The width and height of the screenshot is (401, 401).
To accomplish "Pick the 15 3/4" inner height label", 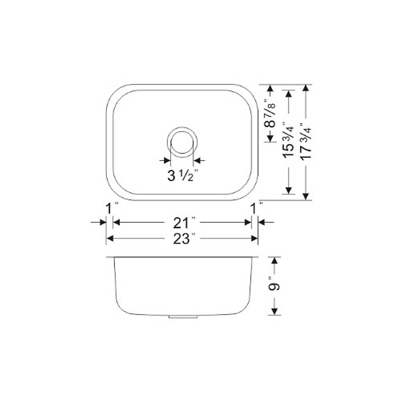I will [x=289, y=142].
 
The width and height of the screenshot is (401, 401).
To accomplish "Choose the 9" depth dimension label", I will [x=275, y=286].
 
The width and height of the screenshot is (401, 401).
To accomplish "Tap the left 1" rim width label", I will [x=110, y=209].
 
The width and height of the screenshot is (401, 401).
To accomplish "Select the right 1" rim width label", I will [x=256, y=209].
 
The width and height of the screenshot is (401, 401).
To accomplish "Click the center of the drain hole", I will [x=182, y=142].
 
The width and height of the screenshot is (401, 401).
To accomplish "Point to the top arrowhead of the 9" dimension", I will [x=274, y=260].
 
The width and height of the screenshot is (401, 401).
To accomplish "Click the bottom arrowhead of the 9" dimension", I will [x=274, y=311].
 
